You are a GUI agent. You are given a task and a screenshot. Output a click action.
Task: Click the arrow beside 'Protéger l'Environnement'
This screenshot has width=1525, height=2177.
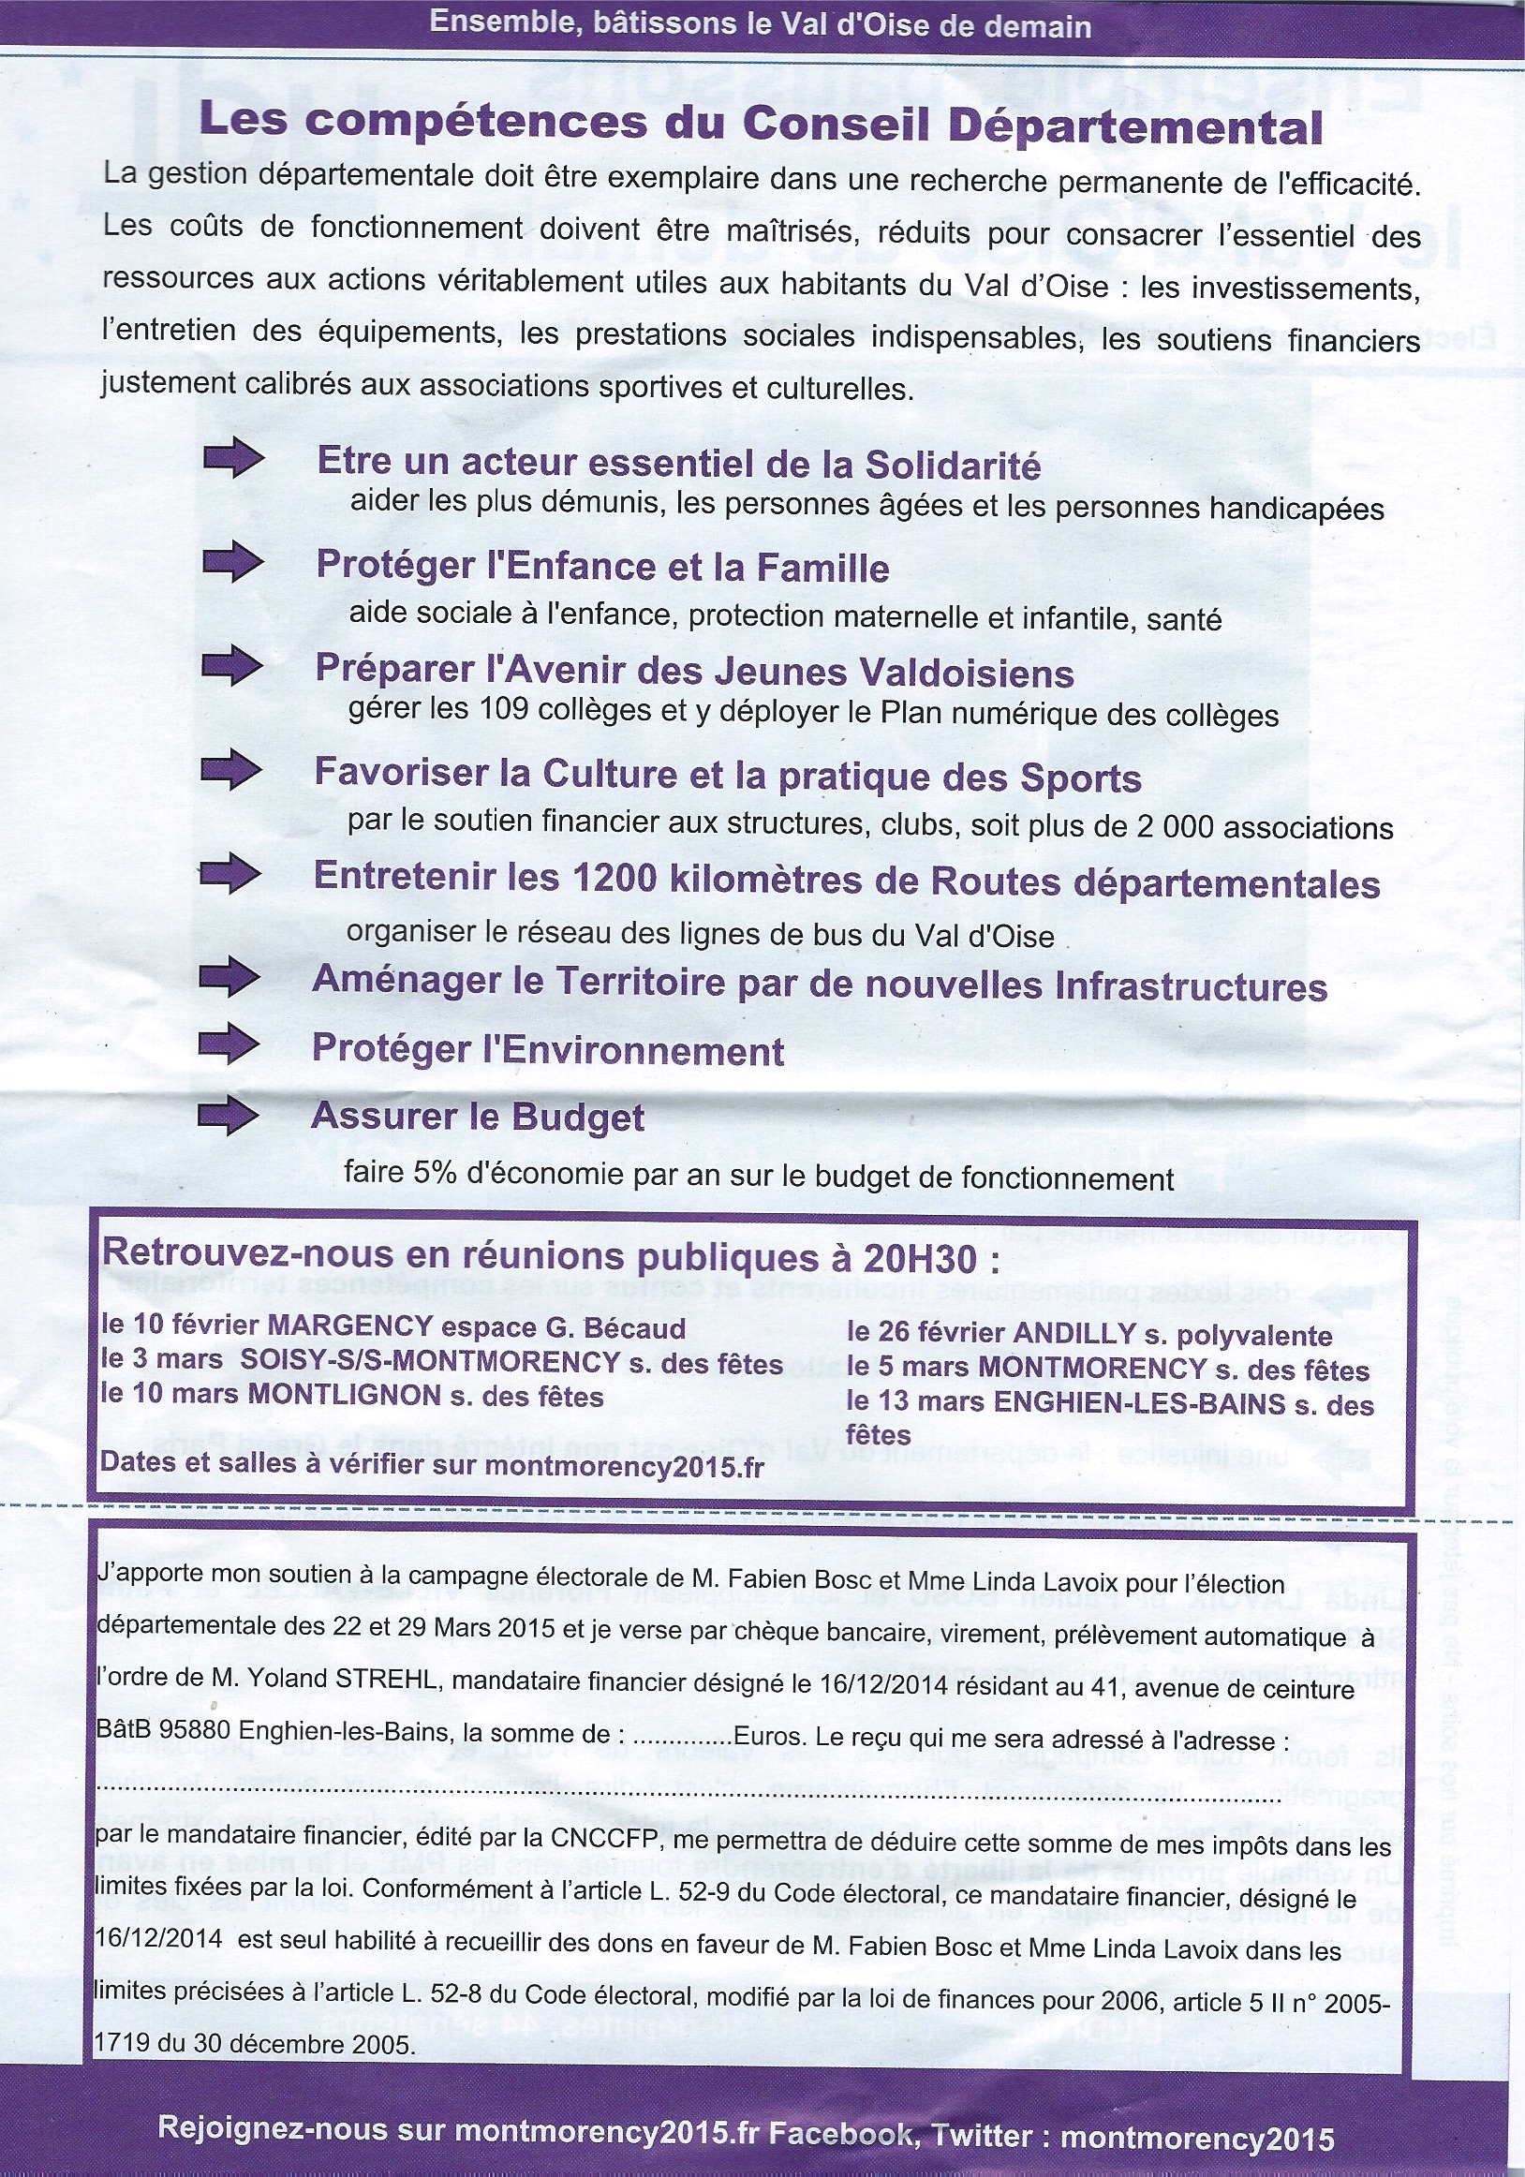click(x=228, y=1044)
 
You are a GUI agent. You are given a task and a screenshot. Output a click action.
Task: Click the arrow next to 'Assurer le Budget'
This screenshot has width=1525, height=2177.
click(x=228, y=1114)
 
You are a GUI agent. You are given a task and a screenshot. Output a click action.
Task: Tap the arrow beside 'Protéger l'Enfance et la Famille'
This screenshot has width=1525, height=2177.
click(x=232, y=562)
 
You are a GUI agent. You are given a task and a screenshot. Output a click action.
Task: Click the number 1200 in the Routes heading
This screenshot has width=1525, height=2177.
click(x=614, y=878)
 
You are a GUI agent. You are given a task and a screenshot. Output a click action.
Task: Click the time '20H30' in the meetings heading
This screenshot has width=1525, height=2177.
click(x=920, y=1259)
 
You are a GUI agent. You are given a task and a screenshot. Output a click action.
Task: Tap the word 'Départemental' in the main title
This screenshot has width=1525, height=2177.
click(x=1135, y=127)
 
